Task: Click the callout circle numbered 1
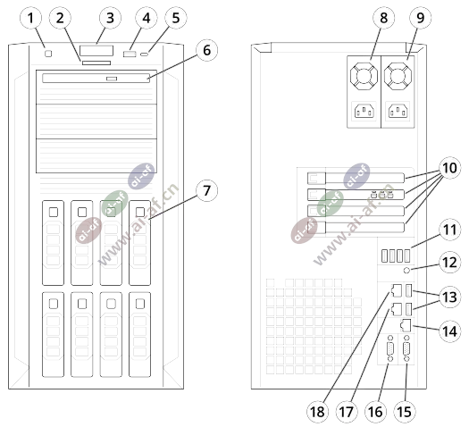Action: click(x=30, y=18)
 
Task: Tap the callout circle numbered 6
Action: click(x=206, y=50)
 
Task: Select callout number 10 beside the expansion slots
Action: click(x=449, y=168)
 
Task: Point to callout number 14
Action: click(x=449, y=331)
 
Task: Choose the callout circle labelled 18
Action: click(x=317, y=412)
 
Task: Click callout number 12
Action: click(x=449, y=263)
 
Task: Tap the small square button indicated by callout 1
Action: click(x=48, y=54)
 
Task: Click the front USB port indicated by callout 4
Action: click(x=130, y=54)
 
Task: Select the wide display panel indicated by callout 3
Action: click(x=96, y=51)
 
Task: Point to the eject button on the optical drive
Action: click(x=111, y=79)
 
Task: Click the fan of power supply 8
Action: click(x=364, y=76)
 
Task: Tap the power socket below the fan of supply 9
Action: click(x=398, y=112)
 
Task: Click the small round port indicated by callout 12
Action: click(x=406, y=271)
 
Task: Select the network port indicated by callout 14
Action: click(x=406, y=325)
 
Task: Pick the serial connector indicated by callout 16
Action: click(x=390, y=349)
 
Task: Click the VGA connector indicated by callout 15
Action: click(x=406, y=349)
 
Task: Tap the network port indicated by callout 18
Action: click(x=396, y=290)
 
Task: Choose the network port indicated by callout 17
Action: click(x=396, y=308)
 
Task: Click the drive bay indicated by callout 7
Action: click(x=139, y=243)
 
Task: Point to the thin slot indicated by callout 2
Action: click(x=96, y=63)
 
